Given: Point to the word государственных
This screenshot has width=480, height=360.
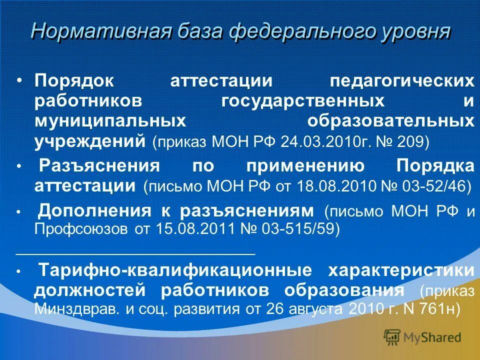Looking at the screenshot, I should coord(303,101).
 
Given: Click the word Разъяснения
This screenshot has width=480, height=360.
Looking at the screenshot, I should coord(99,165).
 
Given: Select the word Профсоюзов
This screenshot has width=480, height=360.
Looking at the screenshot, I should coord(81,229).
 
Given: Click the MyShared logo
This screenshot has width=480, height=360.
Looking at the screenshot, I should coord(422,337).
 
